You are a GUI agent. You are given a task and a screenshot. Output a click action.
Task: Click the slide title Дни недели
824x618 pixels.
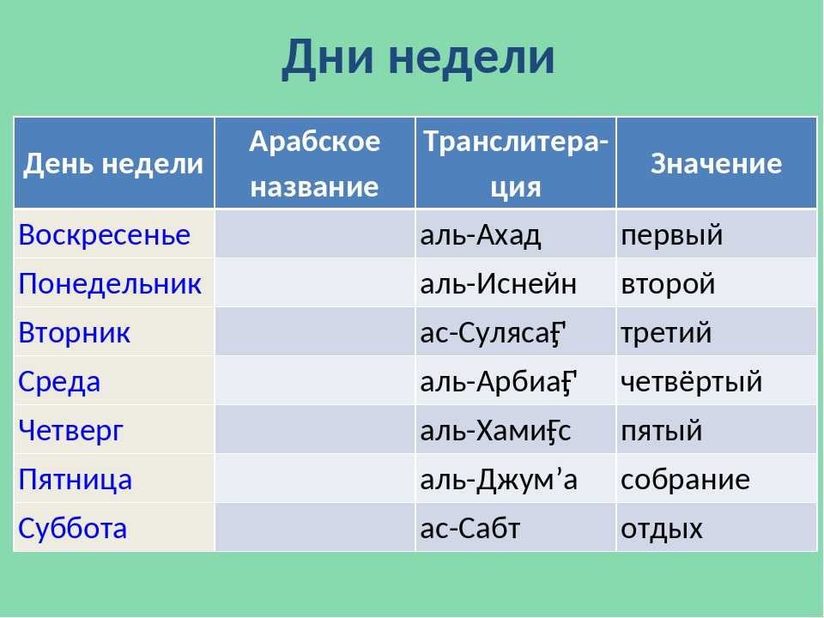(418, 58)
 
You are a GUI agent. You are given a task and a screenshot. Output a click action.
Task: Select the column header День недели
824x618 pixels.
(113, 163)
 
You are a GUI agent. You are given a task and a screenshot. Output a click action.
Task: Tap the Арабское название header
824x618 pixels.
(314, 163)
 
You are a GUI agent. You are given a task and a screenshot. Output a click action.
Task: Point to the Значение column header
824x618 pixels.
(716, 163)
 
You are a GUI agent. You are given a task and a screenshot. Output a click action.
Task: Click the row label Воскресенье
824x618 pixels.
(104, 234)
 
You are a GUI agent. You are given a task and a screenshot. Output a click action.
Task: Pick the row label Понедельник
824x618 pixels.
(110, 284)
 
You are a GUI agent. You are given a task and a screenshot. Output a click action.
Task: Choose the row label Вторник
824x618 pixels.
(74, 333)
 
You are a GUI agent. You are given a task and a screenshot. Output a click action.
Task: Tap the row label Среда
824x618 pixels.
(59, 382)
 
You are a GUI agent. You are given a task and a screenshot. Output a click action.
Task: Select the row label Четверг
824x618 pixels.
(70, 431)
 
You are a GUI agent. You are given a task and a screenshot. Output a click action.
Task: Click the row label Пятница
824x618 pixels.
(76, 480)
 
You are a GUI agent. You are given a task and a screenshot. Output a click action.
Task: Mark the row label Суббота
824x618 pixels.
(72, 528)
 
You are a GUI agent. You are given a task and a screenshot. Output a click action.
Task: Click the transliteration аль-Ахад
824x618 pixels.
(481, 235)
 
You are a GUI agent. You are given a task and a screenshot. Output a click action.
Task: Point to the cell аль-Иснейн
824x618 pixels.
(498, 284)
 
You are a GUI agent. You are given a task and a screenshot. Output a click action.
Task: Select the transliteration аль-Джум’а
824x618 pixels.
(499, 480)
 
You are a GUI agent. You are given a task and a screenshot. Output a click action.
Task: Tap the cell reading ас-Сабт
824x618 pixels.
(470, 528)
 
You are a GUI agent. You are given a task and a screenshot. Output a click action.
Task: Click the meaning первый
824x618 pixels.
(671, 235)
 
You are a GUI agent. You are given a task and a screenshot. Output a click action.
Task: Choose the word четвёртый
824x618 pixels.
(692, 381)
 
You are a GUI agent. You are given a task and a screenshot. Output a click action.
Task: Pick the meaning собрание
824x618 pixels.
(685, 480)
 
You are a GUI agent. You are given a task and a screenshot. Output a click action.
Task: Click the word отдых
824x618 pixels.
(662, 530)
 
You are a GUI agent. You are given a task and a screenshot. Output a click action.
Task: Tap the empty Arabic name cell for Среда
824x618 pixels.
(315, 380)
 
